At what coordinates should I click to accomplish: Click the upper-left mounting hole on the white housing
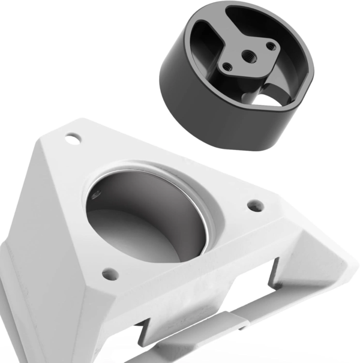[73, 139]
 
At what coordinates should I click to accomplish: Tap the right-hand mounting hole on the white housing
[256, 205]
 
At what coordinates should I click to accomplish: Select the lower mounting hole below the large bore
[109, 274]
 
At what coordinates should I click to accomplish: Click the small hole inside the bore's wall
[96, 194]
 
